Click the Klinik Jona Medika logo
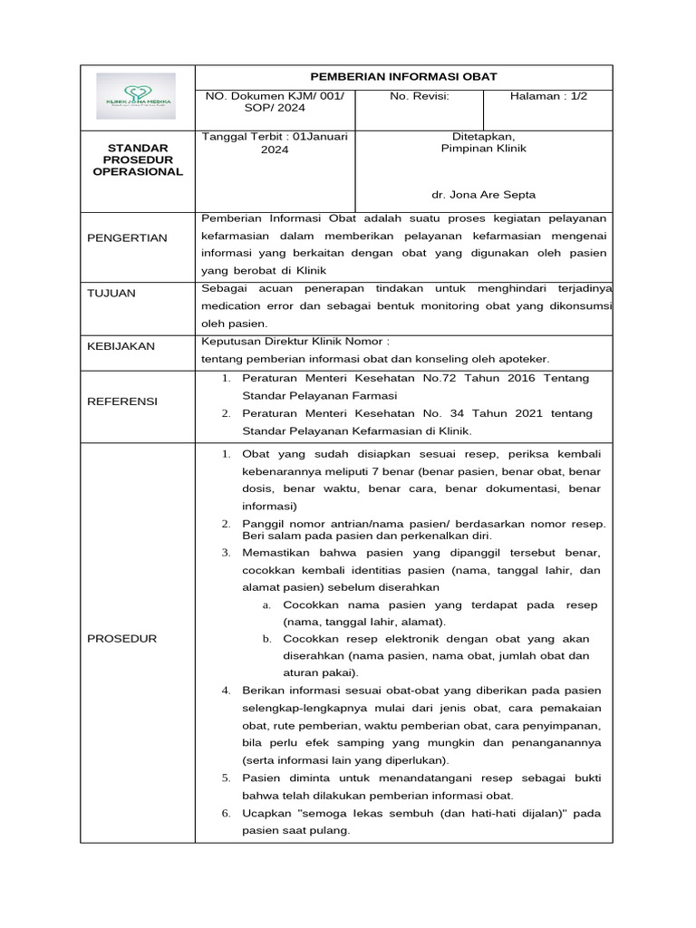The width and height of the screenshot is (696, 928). (x=139, y=97)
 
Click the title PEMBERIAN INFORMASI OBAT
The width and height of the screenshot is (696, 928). (x=404, y=76)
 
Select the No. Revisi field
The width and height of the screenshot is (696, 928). (x=419, y=95)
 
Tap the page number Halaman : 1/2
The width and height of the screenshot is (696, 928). (x=548, y=95)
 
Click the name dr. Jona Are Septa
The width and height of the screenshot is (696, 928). (x=483, y=195)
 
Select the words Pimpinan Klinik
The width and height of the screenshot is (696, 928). (x=483, y=149)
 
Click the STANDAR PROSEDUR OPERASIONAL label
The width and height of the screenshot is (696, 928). (x=139, y=159)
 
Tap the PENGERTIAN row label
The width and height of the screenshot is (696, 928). (x=127, y=237)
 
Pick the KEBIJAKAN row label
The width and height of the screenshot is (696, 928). (x=121, y=346)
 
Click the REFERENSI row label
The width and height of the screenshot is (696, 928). (x=122, y=401)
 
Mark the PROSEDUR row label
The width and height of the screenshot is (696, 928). (x=121, y=639)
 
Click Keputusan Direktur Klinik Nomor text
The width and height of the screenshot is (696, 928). (x=294, y=342)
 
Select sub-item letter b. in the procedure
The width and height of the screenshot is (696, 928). (x=267, y=639)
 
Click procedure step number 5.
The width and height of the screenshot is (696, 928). (x=226, y=778)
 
